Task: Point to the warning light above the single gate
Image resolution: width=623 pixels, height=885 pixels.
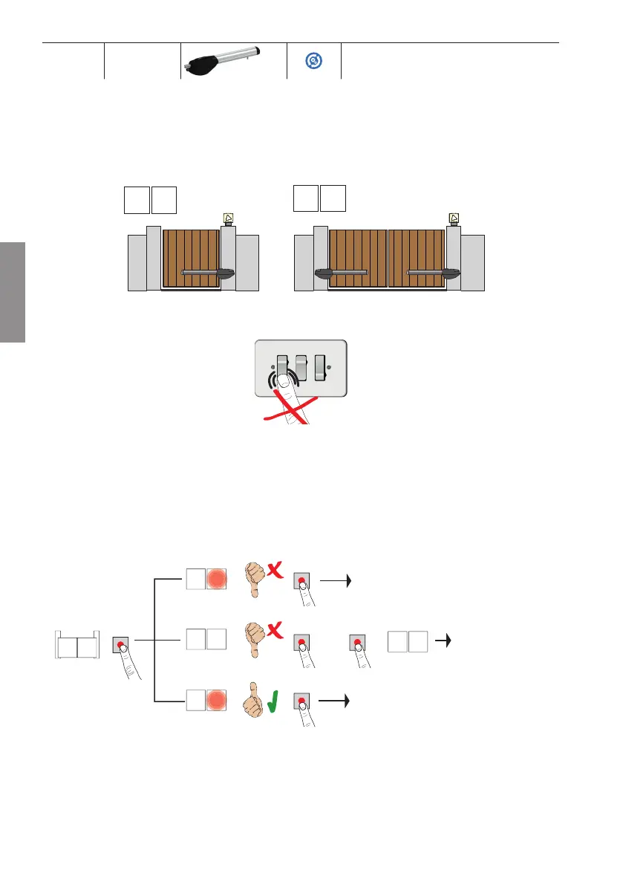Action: (x=228, y=218)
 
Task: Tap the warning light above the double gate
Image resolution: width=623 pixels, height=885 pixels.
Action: (x=454, y=218)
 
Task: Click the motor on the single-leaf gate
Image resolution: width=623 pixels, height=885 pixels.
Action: (x=225, y=273)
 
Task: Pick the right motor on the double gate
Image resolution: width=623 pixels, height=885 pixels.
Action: (x=451, y=273)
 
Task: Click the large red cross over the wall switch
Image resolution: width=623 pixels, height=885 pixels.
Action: (x=290, y=409)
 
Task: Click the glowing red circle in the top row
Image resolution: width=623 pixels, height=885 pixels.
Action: (x=218, y=580)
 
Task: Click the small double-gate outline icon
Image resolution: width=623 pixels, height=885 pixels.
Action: (x=77, y=644)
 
